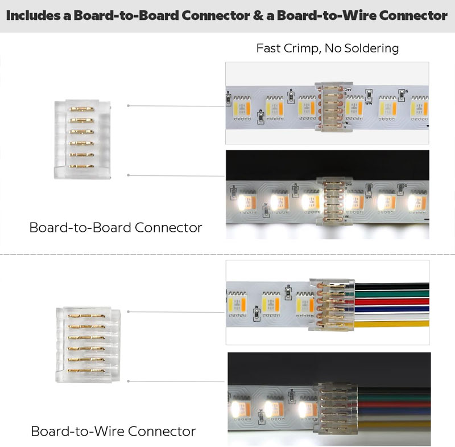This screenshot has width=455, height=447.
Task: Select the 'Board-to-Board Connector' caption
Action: pyautogui.click(x=115, y=228)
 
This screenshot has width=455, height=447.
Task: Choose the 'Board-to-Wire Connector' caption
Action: pyautogui.click(x=113, y=431)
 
